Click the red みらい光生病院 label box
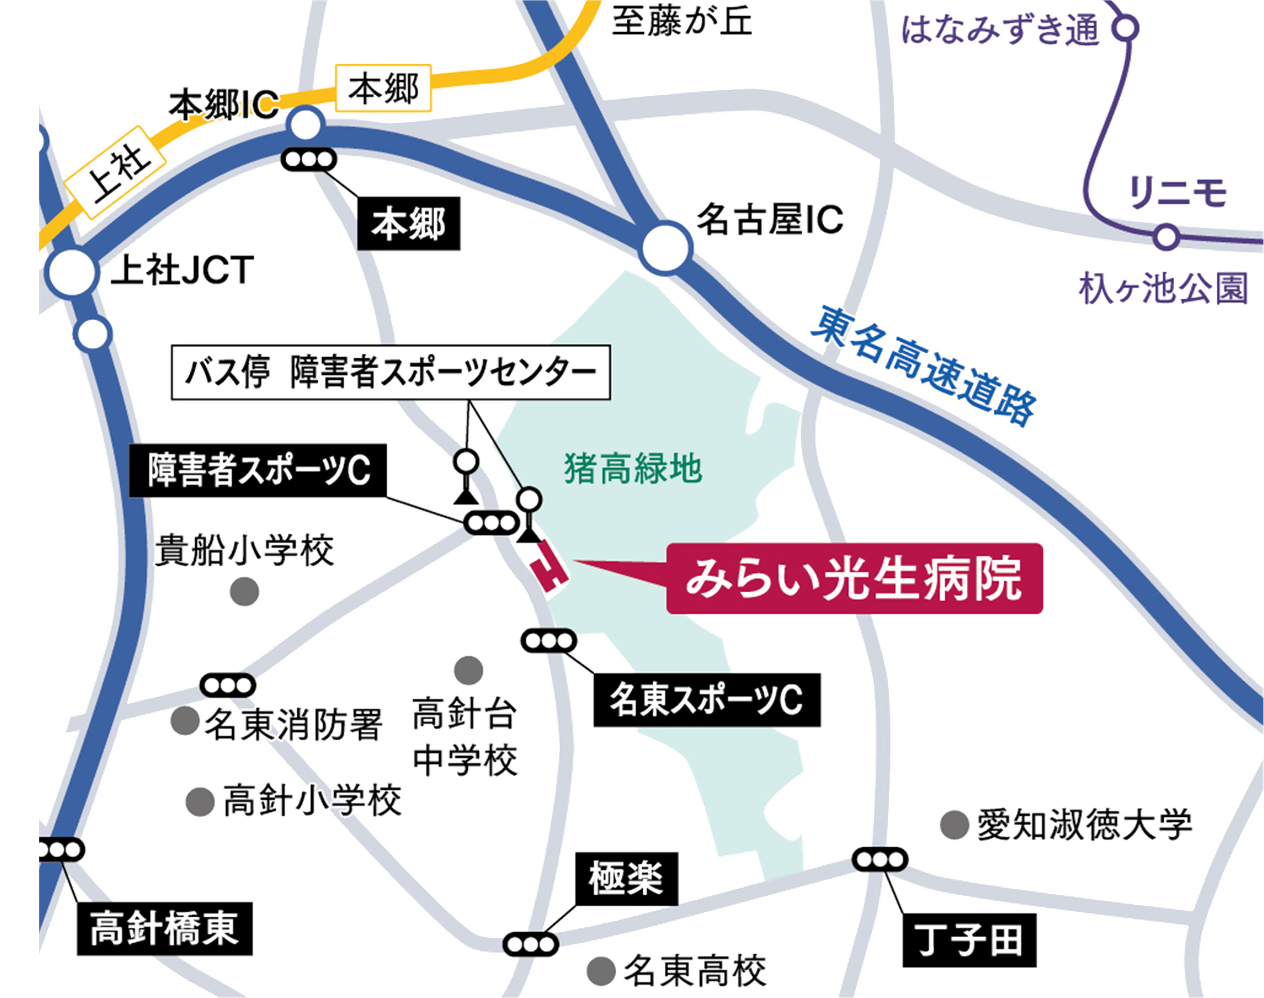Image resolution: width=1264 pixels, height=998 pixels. pyautogui.click(x=854, y=578)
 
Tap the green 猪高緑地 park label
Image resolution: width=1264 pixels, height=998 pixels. pyautogui.click(x=633, y=469)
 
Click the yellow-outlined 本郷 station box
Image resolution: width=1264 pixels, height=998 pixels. pyautogui.click(x=383, y=88)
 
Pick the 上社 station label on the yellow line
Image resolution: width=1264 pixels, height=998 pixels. pyautogui.click(x=115, y=174)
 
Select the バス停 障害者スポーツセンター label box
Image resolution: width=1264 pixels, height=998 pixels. pyautogui.click(x=390, y=373)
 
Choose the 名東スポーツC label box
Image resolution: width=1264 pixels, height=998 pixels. pyautogui.click(x=707, y=700)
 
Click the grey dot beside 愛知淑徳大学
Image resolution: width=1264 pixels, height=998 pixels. pyautogui.click(x=955, y=825)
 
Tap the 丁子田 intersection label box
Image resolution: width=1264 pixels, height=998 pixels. pyautogui.click(x=969, y=940)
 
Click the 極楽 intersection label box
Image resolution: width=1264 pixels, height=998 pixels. pyautogui.click(x=626, y=878)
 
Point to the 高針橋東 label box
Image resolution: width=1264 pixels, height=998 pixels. pyautogui.click(x=164, y=929)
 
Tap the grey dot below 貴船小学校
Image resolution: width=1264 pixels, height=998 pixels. pyautogui.click(x=244, y=592)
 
